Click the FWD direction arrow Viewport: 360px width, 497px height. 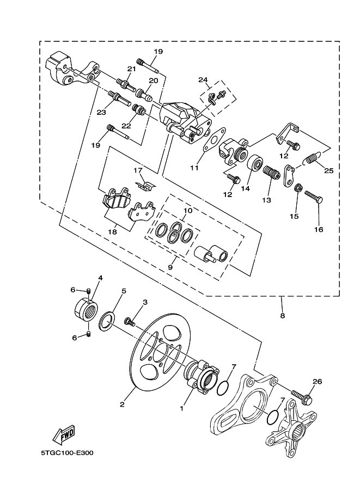tap(63, 434)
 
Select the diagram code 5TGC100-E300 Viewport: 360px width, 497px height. tap(66, 453)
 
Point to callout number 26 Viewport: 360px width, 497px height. tap(317, 381)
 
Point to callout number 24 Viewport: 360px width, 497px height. tap(203, 79)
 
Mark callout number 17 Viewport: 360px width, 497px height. tap(138, 170)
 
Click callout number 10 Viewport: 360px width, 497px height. tap(187, 210)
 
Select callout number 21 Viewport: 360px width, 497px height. tap(131, 69)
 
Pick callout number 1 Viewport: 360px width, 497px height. tap(182, 406)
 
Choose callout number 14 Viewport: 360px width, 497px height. tap(245, 188)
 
